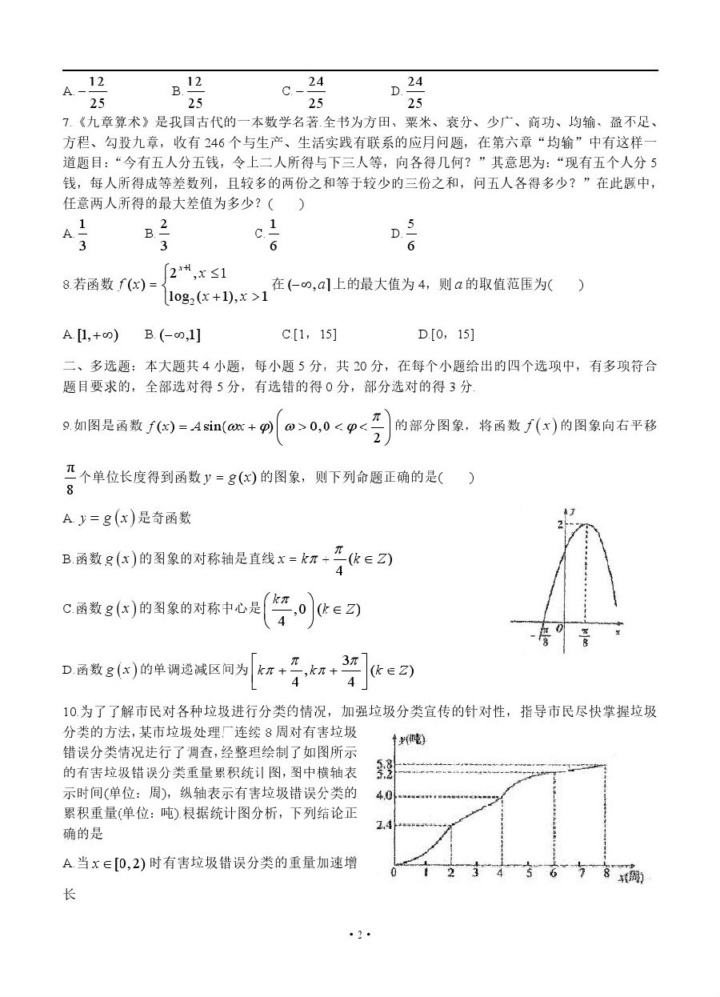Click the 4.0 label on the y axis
point(382,796)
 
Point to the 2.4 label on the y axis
point(382,825)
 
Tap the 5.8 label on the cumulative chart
point(382,764)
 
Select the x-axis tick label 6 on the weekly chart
point(554,872)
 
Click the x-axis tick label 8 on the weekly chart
point(606,872)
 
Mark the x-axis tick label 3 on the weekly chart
point(475,872)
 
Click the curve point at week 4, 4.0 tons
point(502,796)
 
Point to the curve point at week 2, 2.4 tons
point(450,825)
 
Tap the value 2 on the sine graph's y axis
point(561,523)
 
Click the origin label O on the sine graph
point(560,629)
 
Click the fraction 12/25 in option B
point(194,92)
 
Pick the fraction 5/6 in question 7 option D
point(410,234)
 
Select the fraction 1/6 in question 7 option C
point(273,234)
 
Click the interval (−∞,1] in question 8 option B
point(178,334)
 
